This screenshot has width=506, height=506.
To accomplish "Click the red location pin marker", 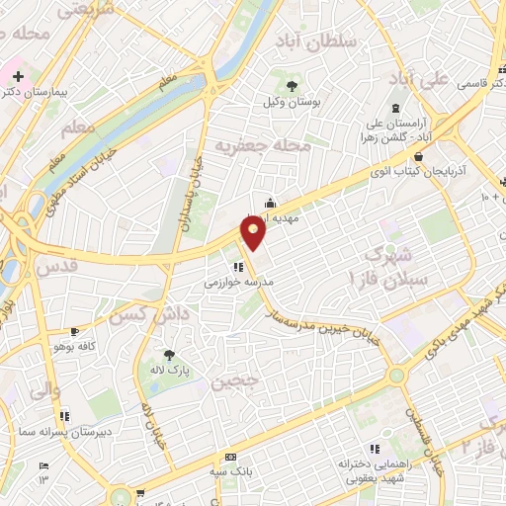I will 254,232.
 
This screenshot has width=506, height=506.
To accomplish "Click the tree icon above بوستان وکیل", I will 291,87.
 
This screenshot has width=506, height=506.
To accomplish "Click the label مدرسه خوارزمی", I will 238,283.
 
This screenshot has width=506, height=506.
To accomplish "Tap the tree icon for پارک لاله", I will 170,354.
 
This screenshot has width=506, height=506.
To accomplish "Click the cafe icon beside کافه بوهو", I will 75,331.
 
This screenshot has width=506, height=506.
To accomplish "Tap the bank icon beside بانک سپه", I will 231,457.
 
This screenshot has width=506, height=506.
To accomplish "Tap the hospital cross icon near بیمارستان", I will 19,75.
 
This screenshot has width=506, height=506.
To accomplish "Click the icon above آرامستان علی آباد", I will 396,107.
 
